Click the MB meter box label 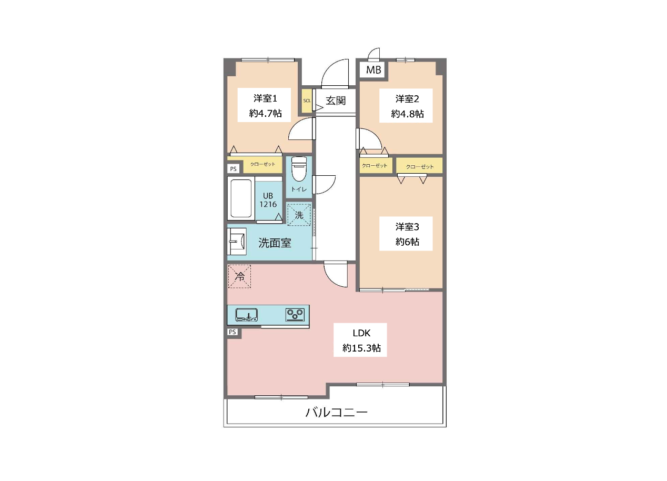point(373,70)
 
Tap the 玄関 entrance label point(336,101)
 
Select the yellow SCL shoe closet point(307,101)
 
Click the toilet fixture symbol point(299,169)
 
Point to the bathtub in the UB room point(241,198)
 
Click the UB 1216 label point(268,200)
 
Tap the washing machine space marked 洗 point(299,215)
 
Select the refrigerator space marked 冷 point(239,277)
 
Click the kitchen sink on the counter point(247,315)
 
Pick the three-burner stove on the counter point(295,315)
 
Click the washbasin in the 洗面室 point(237,242)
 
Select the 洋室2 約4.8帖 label point(407,106)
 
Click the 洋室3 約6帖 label point(407,234)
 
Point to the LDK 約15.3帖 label point(361,340)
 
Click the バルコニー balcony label point(337,413)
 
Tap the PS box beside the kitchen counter point(233,332)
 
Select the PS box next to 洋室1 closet point(234,169)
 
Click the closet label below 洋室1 point(262,164)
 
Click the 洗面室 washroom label point(275,243)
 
